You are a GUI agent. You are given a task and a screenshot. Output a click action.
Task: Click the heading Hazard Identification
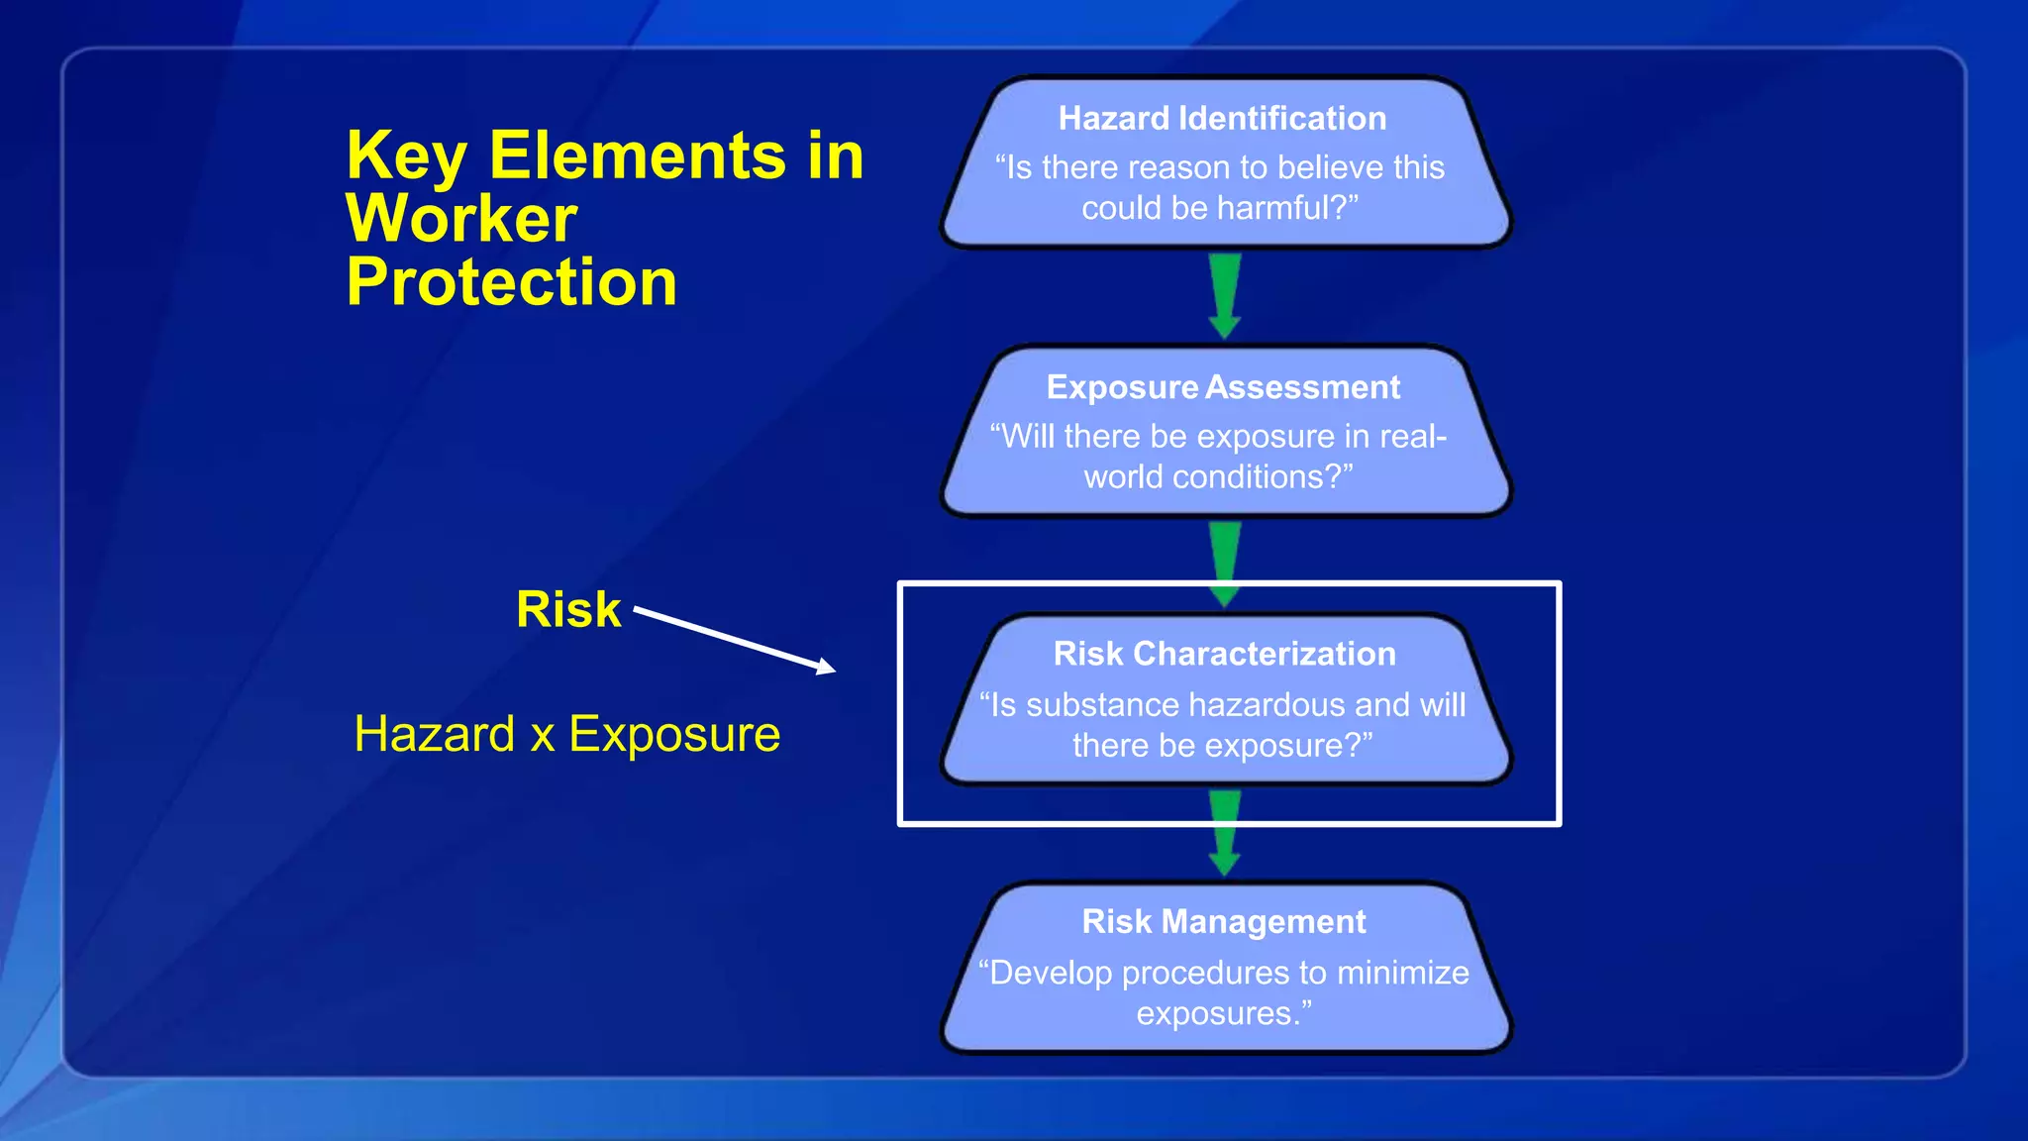pyautogui.click(x=1222, y=119)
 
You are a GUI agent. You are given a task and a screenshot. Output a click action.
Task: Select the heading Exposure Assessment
pyautogui.click(x=1223, y=387)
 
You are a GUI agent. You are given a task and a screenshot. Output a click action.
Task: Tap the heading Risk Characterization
pyautogui.click(x=1224, y=654)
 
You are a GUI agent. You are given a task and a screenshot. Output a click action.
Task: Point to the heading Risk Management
pyautogui.click(x=1224, y=922)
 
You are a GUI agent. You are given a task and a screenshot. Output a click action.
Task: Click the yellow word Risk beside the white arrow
pyautogui.click(x=568, y=609)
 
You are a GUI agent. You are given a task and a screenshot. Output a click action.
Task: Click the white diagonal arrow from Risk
pyautogui.click(x=734, y=640)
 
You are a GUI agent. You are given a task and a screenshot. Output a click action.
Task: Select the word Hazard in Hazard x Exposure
pyautogui.click(x=435, y=735)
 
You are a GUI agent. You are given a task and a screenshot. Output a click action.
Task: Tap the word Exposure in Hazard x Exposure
pyautogui.click(x=674, y=735)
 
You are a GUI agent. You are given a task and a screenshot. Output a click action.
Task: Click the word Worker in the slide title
pyautogui.click(x=461, y=219)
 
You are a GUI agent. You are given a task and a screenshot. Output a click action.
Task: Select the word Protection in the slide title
pyautogui.click(x=511, y=282)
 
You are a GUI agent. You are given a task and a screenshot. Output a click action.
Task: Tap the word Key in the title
pyautogui.click(x=406, y=156)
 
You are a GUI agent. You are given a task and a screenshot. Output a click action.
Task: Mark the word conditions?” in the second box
pyautogui.click(x=1262, y=477)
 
